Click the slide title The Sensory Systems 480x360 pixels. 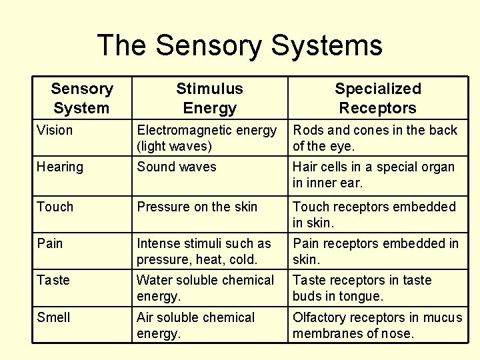[240, 45]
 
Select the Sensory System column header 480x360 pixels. [82, 98]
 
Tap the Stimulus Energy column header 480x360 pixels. [209, 98]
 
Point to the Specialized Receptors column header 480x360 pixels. [377, 98]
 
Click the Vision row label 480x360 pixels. [55, 130]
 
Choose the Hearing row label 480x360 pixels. [60, 167]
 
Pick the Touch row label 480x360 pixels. [55, 207]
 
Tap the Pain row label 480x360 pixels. [50, 243]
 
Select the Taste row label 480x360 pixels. [53, 280]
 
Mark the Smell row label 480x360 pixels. [53, 317]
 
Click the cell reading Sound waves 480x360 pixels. [177, 167]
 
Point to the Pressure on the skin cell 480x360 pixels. [197, 207]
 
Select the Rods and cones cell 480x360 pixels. [375, 138]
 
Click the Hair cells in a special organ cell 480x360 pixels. [373, 175]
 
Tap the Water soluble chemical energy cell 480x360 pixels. [205, 287]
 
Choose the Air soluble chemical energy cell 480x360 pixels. [195, 325]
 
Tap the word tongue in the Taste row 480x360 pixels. [363, 296]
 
